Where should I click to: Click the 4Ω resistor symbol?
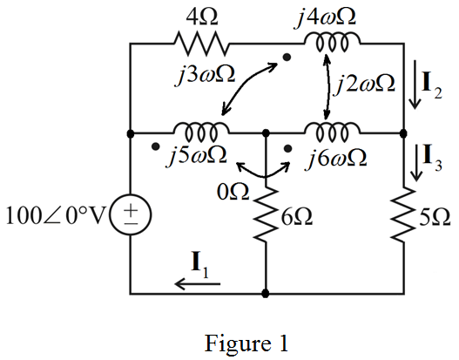[x=202, y=44]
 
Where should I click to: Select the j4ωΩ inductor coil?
[x=333, y=43]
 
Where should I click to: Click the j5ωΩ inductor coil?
[x=201, y=132]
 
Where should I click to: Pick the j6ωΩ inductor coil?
[x=333, y=132]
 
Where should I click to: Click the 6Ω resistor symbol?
[x=266, y=214]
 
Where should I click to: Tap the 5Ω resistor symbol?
[x=403, y=214]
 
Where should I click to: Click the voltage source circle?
[x=131, y=214]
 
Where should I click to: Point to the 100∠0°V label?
[x=56, y=216]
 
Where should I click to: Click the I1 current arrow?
[x=198, y=283]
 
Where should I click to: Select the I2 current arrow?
[x=415, y=85]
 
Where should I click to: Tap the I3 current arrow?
[x=416, y=163]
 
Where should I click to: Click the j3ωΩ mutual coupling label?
[x=206, y=76]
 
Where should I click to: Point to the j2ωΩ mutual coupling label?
[x=366, y=83]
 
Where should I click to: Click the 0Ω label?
[x=233, y=192]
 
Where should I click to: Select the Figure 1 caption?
[x=246, y=343]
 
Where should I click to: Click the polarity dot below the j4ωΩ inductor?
[x=287, y=58]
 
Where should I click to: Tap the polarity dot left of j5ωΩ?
[x=156, y=146]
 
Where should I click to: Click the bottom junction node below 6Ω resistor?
[x=266, y=293]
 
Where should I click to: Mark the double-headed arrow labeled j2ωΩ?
[x=327, y=86]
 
